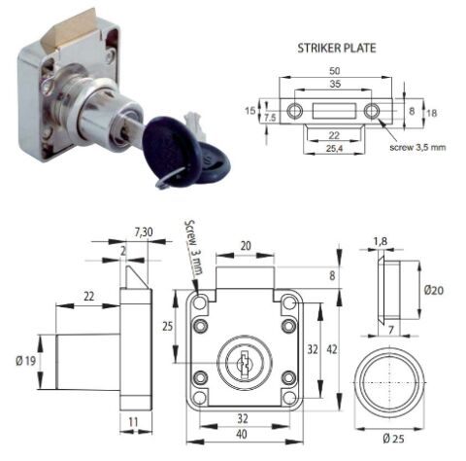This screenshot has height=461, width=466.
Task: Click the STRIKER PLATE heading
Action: [337, 48]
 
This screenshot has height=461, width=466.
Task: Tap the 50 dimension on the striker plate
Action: [335, 70]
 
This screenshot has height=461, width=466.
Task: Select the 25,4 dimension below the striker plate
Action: [335, 148]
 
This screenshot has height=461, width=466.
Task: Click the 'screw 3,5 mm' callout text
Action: [417, 147]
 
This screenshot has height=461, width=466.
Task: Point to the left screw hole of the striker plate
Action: [295, 111]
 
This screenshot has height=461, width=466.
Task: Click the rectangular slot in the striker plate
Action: [335, 110]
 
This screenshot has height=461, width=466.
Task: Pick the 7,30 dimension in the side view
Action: [143, 232]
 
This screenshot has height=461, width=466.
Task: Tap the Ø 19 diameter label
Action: [26, 361]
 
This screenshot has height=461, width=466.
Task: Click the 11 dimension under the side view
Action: [133, 422]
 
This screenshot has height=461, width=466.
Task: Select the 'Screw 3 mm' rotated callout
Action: [193, 247]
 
